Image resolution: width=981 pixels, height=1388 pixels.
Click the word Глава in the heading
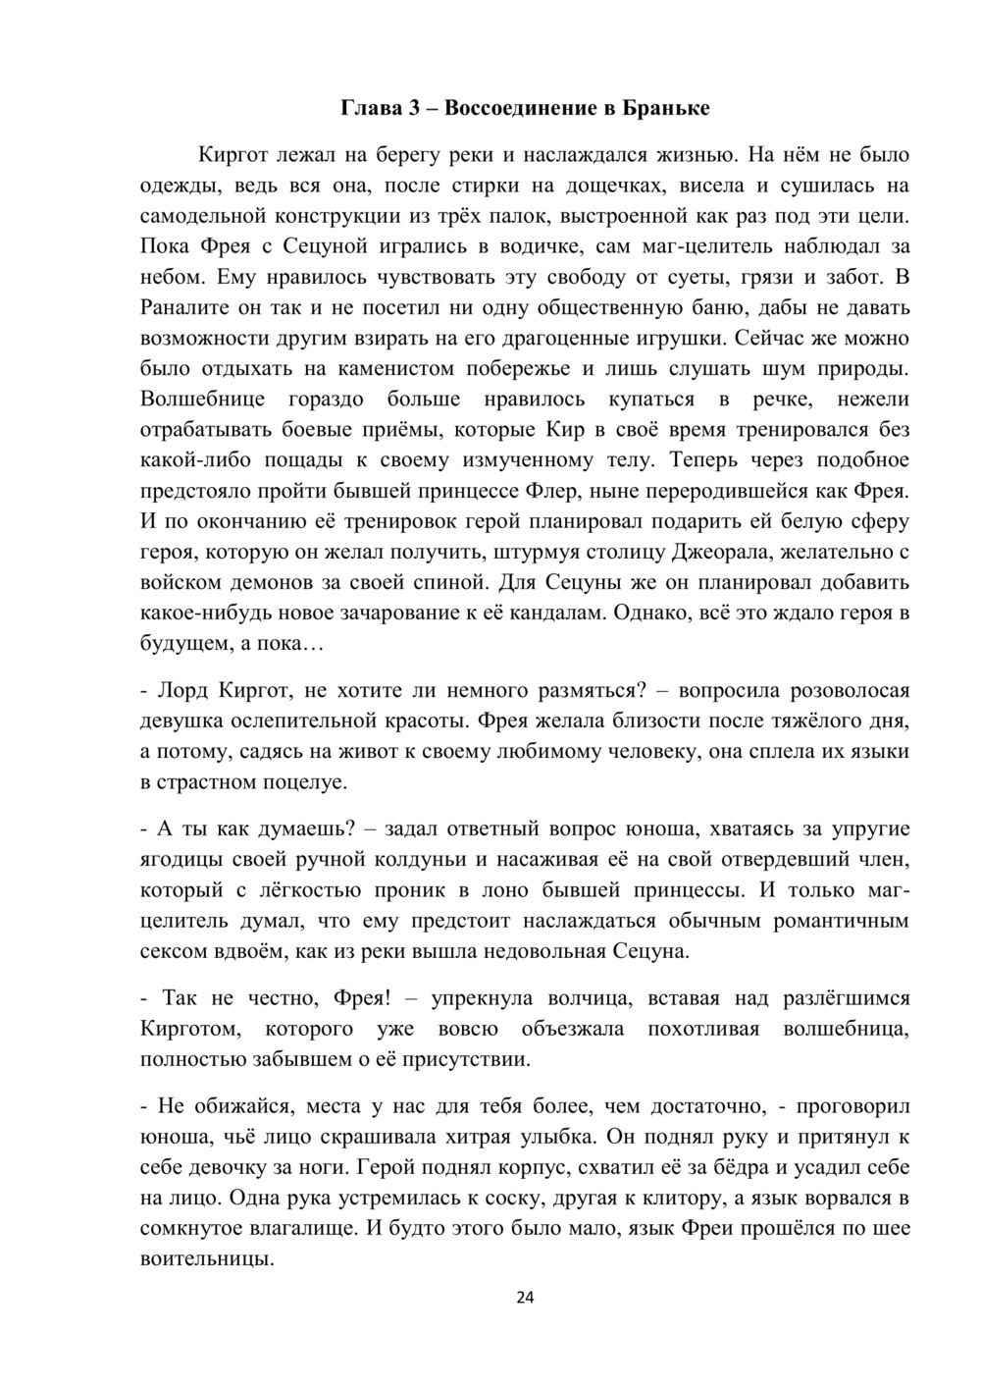tap(369, 108)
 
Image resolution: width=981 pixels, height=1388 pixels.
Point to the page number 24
tap(525, 1298)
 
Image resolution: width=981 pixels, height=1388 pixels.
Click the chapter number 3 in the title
tap(414, 108)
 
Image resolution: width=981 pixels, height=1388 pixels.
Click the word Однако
tap(678, 613)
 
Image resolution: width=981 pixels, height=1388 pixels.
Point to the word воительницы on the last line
tap(206, 1258)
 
